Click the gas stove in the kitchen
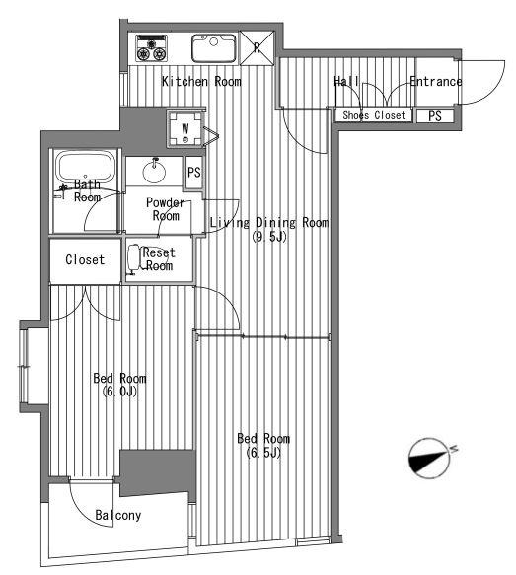[x=152, y=48]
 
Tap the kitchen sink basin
[x=214, y=48]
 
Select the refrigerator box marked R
[x=258, y=48]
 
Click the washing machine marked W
[x=185, y=129]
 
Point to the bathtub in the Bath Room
[x=86, y=168]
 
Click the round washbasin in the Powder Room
[x=154, y=172]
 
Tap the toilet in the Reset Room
[x=136, y=258]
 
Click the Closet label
[x=85, y=260]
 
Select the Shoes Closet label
[x=374, y=115]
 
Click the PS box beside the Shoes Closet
[x=435, y=116]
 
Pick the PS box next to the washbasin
[x=194, y=173]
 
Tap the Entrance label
[x=436, y=82]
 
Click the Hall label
[x=346, y=82]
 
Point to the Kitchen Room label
[x=201, y=82]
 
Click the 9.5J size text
[x=268, y=238]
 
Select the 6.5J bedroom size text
[x=263, y=454]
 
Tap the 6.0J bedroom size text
[x=120, y=392]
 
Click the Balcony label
[x=118, y=515]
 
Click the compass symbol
[x=430, y=459]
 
